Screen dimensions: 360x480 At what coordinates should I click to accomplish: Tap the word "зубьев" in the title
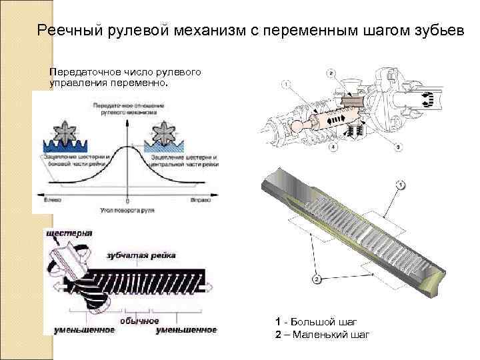[433, 31]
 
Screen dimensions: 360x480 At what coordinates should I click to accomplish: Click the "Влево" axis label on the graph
[54, 199]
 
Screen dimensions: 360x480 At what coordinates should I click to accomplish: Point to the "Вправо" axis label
[200, 199]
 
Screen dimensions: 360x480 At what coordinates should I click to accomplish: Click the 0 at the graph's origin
[127, 199]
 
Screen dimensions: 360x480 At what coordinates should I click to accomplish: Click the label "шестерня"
[69, 233]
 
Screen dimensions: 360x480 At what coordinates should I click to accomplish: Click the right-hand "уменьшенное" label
[186, 330]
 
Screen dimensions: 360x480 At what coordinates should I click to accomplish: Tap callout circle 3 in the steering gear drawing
[399, 146]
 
